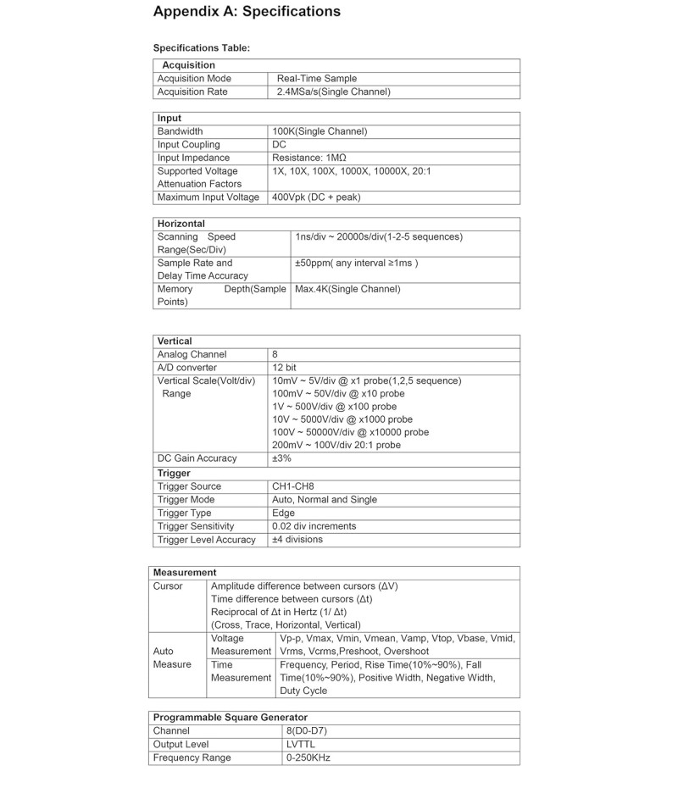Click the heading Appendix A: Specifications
[247, 12]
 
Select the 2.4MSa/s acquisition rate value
[334, 92]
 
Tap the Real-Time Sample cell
[317, 79]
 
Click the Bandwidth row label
[180, 131]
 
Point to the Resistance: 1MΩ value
[309, 158]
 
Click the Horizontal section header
[181, 224]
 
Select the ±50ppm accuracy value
[357, 263]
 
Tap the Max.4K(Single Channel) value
[347, 289]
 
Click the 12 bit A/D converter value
[284, 368]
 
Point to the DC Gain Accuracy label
[197, 458]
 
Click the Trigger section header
[174, 473]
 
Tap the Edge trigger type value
[283, 513]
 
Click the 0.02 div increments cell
[314, 526]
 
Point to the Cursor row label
[168, 586]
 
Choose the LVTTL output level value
[301, 745]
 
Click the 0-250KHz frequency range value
[308, 757]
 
